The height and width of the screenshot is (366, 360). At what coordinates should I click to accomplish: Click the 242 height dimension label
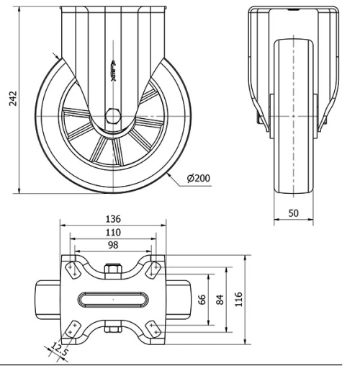pos(9,98)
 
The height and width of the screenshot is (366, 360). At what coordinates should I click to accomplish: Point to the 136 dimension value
pos(113,219)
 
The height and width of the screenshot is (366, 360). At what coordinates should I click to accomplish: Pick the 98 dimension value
pos(113,245)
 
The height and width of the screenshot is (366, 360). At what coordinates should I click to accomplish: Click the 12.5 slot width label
pos(60,351)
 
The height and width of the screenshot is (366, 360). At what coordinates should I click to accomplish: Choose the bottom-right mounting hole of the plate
pos(153,329)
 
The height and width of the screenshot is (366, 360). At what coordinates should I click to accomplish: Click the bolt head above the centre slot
pos(112,272)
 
